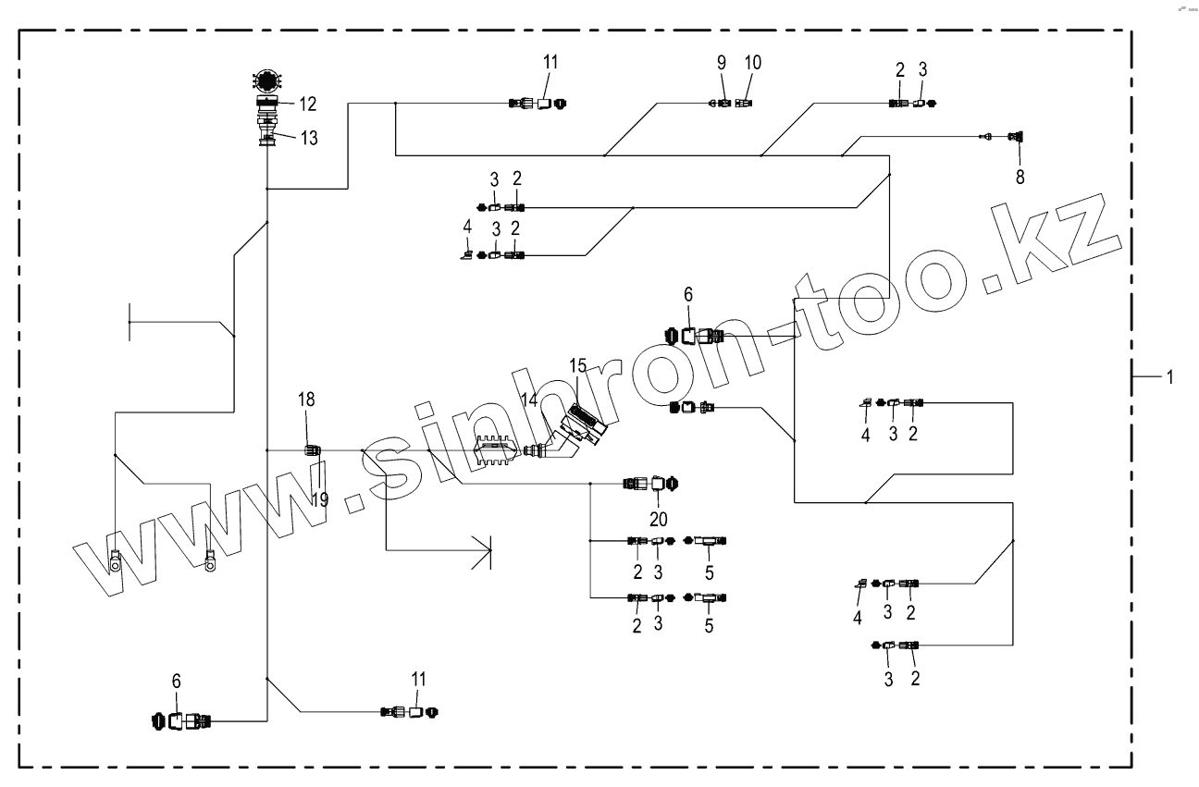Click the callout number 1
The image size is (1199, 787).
click(x=1169, y=376)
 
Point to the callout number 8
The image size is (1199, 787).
click(x=1020, y=176)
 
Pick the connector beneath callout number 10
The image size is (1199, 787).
click(x=744, y=104)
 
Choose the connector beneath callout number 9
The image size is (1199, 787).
click(x=721, y=104)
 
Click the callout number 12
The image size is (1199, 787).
click(x=308, y=103)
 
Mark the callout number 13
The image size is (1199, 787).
click(x=308, y=139)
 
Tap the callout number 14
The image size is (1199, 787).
click(x=528, y=400)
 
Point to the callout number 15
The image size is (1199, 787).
click(x=578, y=364)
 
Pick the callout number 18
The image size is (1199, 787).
click(x=306, y=400)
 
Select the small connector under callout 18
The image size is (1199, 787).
click(x=313, y=450)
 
